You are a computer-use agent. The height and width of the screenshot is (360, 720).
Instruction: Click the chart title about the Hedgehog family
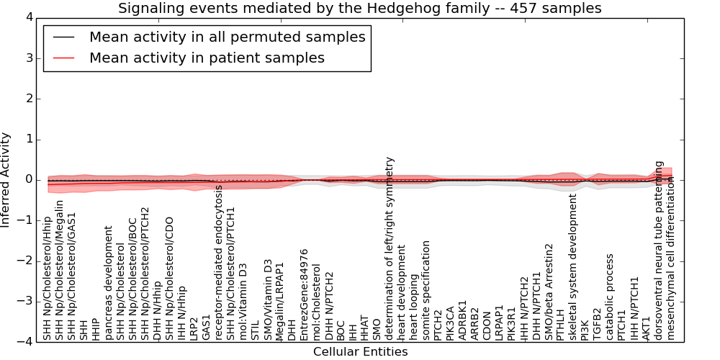(360, 9)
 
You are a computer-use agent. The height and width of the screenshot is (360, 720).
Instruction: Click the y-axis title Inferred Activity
(6, 179)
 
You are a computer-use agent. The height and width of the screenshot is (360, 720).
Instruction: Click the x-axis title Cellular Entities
(360, 352)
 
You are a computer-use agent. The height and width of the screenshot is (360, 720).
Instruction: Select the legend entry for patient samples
(207, 58)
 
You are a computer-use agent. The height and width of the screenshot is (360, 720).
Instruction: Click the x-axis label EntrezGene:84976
(304, 294)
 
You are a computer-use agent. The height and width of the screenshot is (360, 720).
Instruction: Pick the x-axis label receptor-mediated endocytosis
(218, 262)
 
